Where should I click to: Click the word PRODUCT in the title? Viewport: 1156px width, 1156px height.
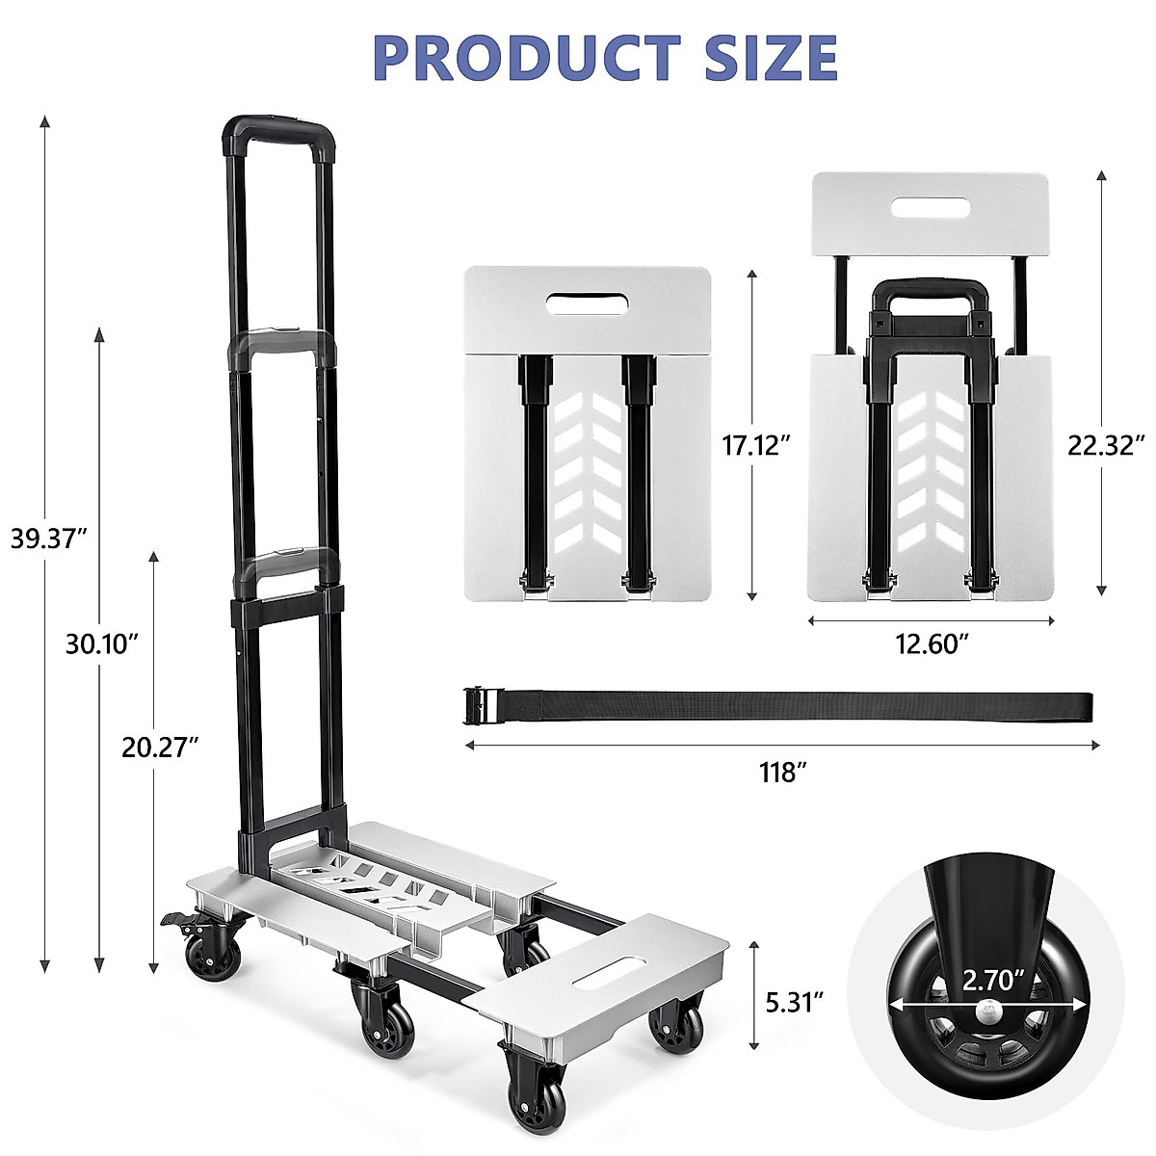click(528, 58)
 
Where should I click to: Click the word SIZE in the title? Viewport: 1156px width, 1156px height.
click(771, 58)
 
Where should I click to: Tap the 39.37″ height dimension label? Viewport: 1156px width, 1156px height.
click(49, 539)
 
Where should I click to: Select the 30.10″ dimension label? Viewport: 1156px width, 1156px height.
click(102, 644)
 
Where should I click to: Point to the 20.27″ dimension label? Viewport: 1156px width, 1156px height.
click(160, 748)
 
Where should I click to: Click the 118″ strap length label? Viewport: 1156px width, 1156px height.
click(783, 773)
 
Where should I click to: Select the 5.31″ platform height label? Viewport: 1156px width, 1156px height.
click(794, 1002)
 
